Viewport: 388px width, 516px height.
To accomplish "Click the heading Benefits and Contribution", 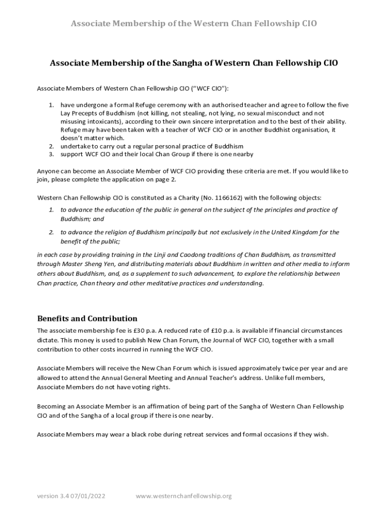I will pyautogui.click(x=87, y=318).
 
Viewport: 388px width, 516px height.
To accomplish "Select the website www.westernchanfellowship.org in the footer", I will pyautogui.click(x=183, y=496).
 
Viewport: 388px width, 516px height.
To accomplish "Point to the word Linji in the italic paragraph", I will pyautogui.click(x=155, y=254).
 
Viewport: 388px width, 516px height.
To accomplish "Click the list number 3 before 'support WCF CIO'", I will pyautogui.click(x=51, y=154).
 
